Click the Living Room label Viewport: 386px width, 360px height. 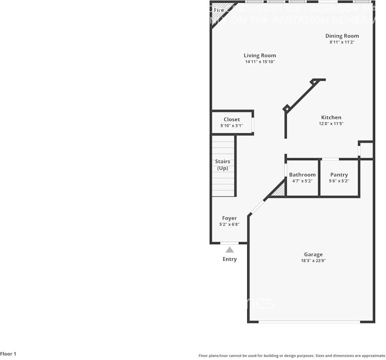pos(260,56)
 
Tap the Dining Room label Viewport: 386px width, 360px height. pos(342,36)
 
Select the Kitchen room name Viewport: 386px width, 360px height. pos(331,117)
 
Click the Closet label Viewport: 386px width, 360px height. pos(232,119)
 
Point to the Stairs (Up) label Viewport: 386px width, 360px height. pos(223,165)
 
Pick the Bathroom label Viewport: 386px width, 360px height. pos(302,175)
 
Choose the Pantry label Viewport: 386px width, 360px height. pos(339,175)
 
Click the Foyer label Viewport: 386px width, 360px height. pos(229,218)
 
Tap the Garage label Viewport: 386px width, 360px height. pos(313,255)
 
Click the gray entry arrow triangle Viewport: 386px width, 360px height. pos(230,250)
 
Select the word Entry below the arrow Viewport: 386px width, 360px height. pos(230,259)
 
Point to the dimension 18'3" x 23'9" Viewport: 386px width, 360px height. pos(313,261)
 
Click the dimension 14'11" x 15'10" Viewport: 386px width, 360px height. pos(260,62)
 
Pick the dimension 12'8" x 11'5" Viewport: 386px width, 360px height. pos(331,123)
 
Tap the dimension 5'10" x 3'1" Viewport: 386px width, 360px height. pos(232,126)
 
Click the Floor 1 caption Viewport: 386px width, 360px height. pos(8,354)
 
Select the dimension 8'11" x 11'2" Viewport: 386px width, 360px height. pos(342,42)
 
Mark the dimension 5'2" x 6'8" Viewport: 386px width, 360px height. pos(229,224)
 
